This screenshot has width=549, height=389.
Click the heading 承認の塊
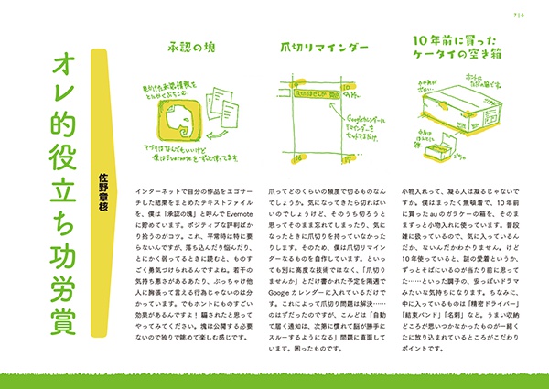click(x=191, y=46)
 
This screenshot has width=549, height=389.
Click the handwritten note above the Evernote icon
click(x=170, y=88)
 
